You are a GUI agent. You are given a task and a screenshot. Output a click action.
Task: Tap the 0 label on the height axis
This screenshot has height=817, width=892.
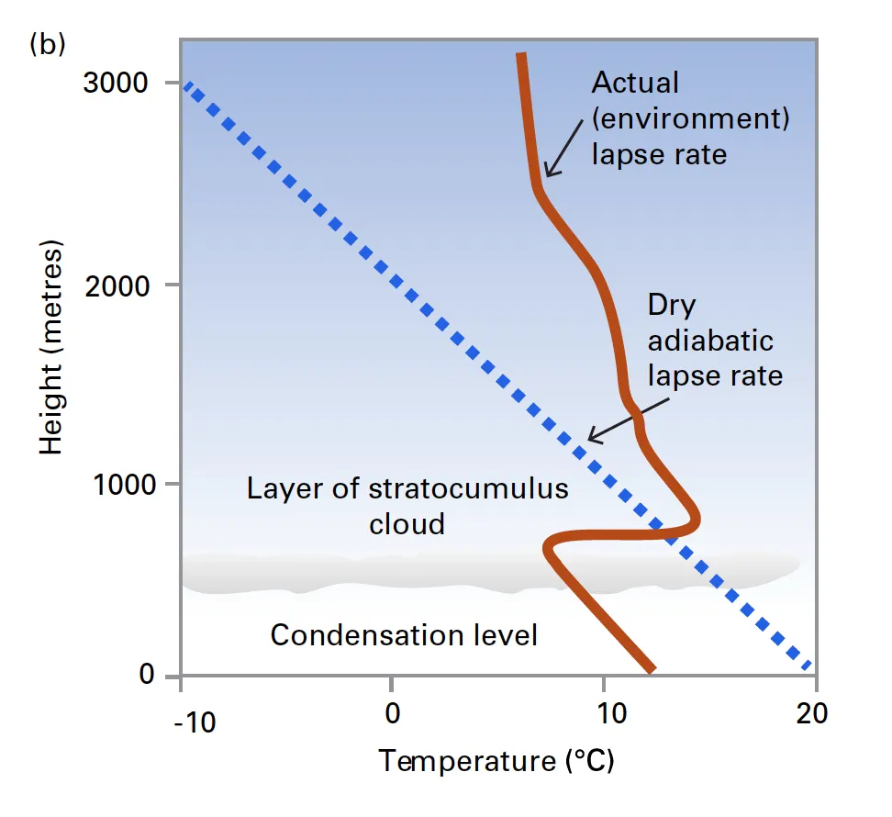pos(147,677)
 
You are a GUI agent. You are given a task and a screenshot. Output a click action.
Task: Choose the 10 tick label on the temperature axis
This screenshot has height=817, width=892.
pos(605,712)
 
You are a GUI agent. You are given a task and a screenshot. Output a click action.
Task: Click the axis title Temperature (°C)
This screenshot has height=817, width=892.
pos(496,761)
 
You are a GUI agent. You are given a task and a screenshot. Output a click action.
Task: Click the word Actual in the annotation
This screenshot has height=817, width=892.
pos(635,83)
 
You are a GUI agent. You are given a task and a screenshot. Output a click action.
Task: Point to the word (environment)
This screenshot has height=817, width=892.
pos(690,118)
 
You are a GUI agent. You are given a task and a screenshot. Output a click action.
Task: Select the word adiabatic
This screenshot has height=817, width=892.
pos(710,341)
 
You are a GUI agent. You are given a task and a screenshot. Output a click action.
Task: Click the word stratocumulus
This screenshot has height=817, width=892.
pos(468,488)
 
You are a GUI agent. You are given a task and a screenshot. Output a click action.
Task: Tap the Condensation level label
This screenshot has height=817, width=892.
pos(404,634)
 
